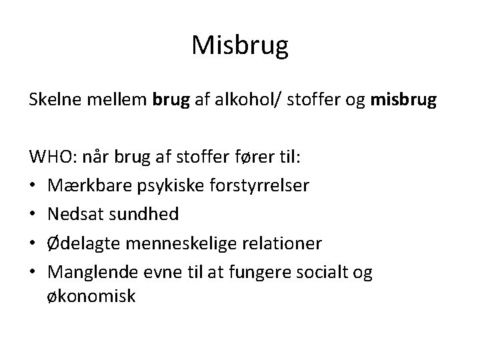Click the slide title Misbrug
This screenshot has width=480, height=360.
[240, 45]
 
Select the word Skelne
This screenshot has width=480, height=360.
[53, 100]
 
